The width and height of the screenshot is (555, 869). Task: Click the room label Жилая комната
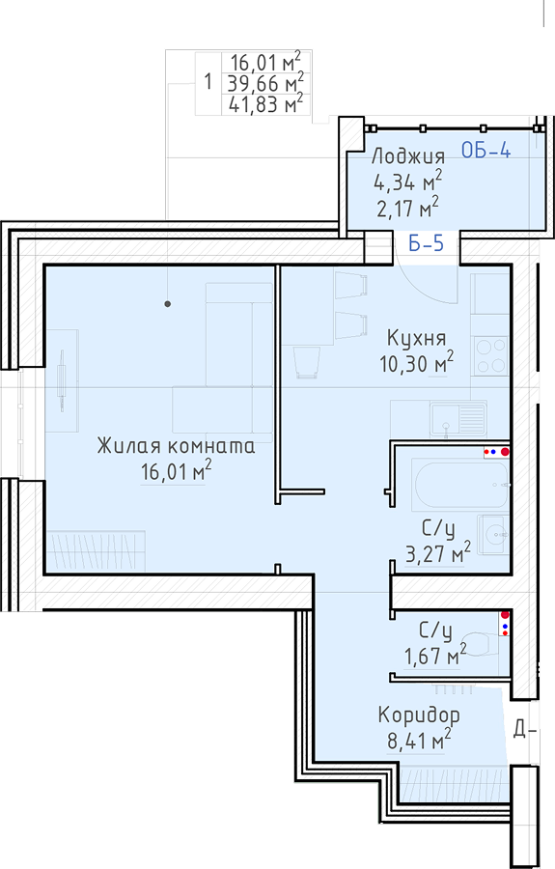tap(176, 445)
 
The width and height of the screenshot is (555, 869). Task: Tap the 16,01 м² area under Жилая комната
tap(176, 471)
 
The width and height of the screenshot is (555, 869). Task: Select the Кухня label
tap(417, 338)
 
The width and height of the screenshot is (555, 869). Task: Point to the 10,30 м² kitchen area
tap(417, 364)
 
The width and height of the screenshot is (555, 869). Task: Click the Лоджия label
tap(408, 156)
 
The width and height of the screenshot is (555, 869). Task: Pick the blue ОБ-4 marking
tap(486, 150)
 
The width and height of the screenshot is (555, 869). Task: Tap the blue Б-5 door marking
tap(426, 242)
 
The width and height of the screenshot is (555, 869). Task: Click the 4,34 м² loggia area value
tap(408, 182)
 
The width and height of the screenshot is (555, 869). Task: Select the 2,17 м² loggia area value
tap(408, 209)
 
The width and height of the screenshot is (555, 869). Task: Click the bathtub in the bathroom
tap(459, 485)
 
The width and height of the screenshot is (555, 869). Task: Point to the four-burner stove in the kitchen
tap(490, 355)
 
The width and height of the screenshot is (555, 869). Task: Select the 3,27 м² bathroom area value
tap(438, 553)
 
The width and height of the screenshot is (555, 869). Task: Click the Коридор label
tap(419, 715)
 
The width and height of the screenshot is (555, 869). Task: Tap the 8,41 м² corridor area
tap(419, 741)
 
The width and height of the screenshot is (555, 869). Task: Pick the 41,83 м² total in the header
tap(265, 103)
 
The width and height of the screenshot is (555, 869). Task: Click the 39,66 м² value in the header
tap(265, 83)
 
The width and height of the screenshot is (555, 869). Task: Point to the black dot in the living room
tap(167, 304)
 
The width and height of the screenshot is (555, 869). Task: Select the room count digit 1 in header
tap(208, 82)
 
